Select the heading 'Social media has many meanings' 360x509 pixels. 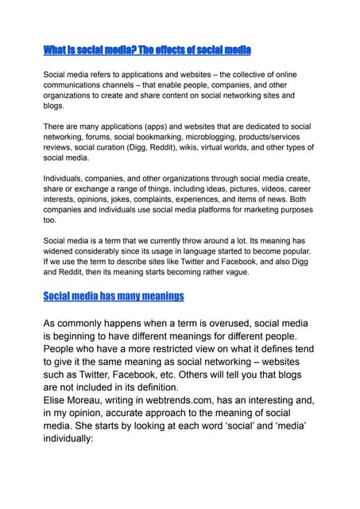point(114,296)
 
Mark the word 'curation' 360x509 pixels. point(110,147)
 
